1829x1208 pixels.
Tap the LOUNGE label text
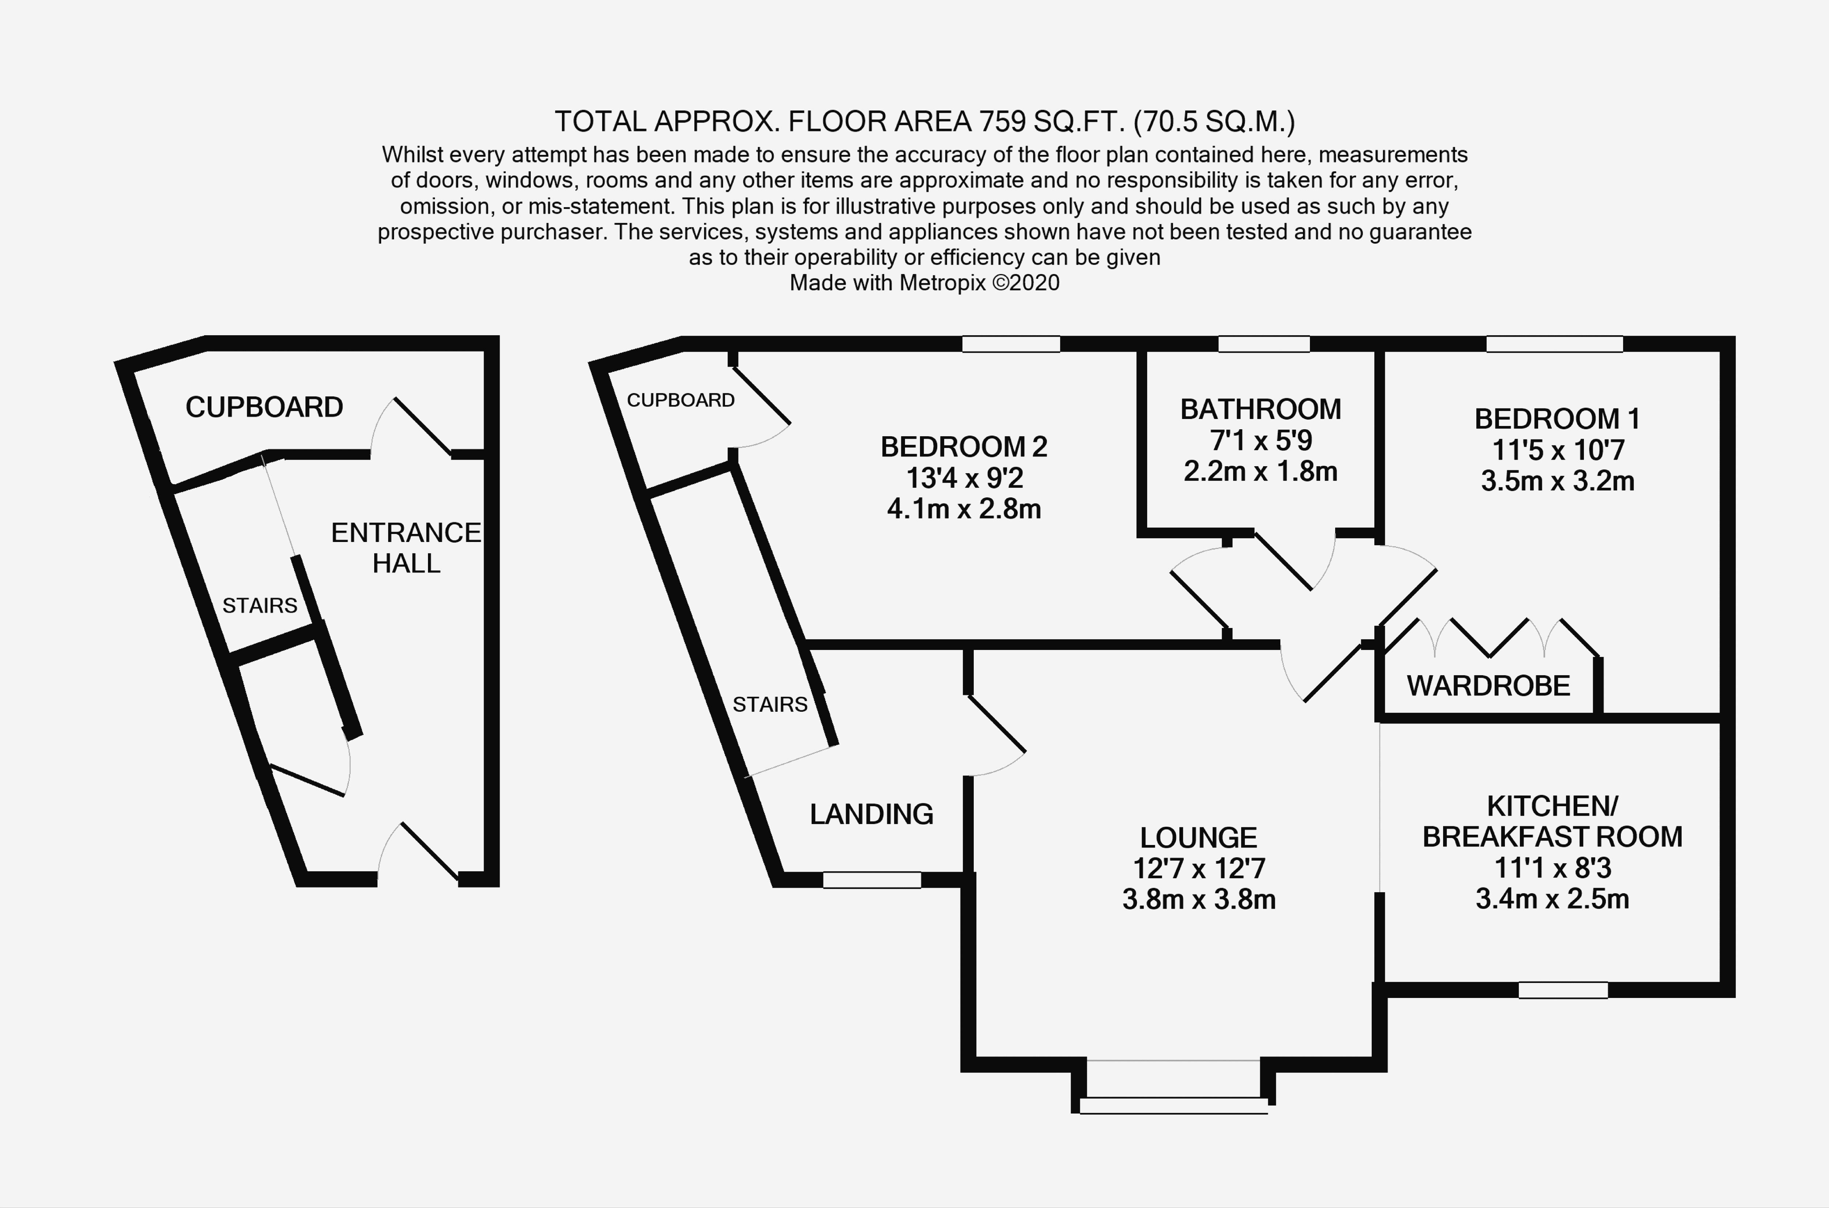1198,837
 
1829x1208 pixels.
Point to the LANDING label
871,814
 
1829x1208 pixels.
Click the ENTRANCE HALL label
406,548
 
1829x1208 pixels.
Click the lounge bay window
1173,1106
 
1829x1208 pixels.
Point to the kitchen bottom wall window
1563,990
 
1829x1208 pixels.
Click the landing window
872,880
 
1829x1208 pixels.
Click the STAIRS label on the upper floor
769,704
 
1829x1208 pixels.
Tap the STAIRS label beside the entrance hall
259,606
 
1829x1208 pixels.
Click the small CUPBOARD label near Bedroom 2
680,400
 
